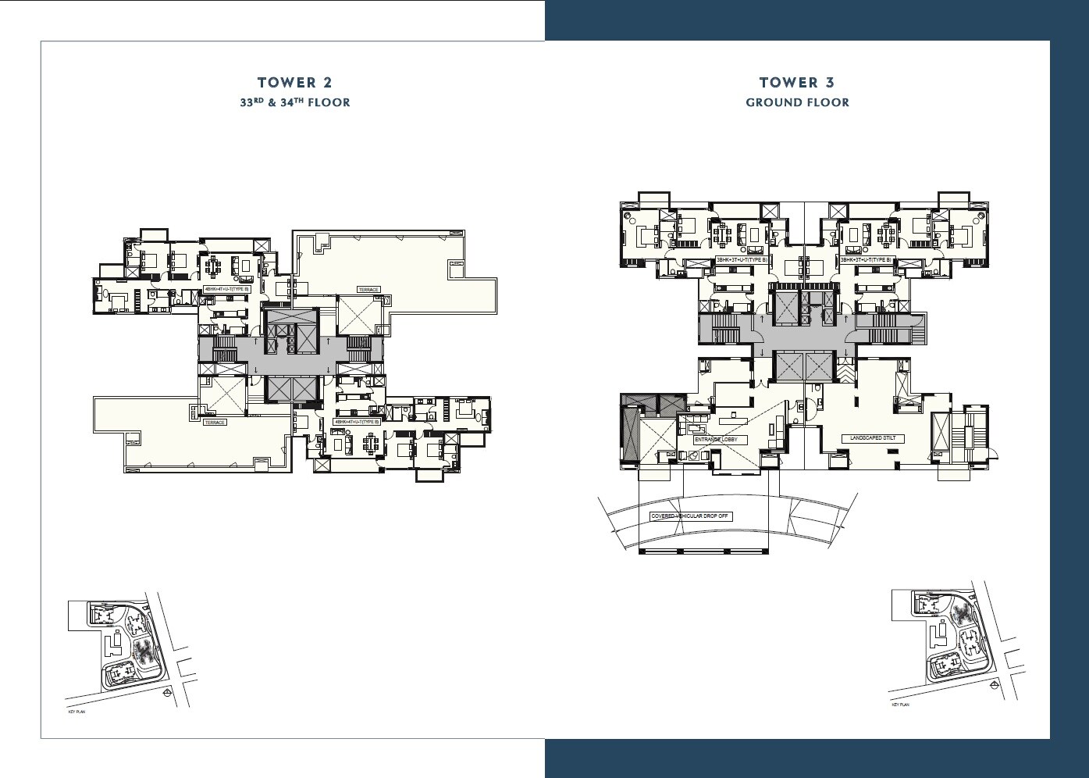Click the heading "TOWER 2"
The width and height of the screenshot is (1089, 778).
294,83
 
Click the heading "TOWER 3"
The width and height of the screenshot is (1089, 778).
797,83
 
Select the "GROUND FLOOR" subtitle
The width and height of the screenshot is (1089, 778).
797,102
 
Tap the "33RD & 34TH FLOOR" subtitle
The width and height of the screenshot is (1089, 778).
295,102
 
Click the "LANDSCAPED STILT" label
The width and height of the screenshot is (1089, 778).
877,439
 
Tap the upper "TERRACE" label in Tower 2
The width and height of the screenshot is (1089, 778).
368,289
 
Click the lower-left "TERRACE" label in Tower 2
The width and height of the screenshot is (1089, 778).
215,422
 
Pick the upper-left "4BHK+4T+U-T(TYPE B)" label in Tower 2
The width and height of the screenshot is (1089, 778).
226,289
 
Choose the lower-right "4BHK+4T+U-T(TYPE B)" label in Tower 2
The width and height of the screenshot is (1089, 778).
357,422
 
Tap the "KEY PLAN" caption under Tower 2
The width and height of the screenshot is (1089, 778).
77,713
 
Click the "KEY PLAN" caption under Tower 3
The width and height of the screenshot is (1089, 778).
900,705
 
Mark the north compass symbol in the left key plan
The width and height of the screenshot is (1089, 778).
165,692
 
